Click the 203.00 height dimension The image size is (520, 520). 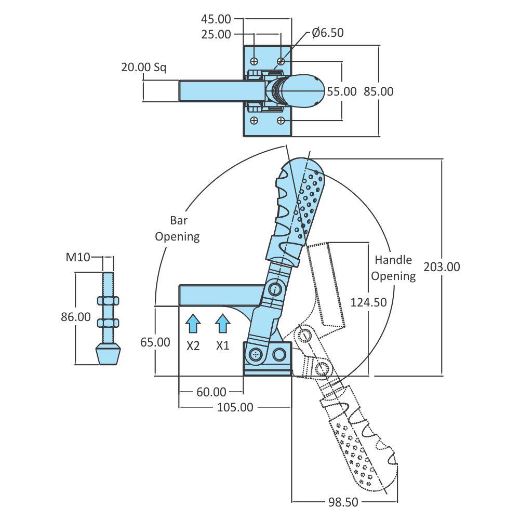coord(442,267)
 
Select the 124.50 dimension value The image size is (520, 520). coord(368,302)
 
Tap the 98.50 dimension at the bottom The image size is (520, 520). coord(343,502)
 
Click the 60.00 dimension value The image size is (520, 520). coord(211,392)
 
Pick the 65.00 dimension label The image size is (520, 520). coord(155,342)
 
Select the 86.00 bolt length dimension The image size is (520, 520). coord(76,316)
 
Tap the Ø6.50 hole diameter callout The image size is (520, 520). coord(327,33)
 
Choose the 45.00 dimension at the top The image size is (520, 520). coord(216,19)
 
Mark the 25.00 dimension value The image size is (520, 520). coord(216,35)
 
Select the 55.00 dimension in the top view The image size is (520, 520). coord(341,91)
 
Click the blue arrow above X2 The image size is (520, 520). coord(193,324)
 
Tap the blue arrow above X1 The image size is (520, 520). coord(223,324)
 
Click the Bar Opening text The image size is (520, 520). coord(178,228)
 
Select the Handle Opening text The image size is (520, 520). coord(393,268)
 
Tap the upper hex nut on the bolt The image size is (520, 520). coord(109,300)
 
